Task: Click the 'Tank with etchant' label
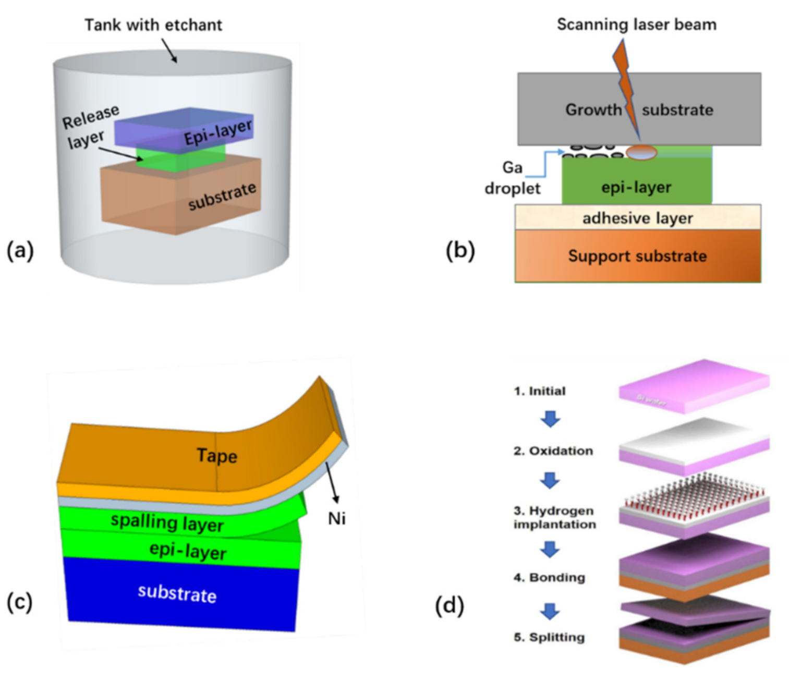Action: (x=153, y=25)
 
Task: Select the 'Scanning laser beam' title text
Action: (x=636, y=25)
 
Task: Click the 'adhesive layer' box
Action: (x=637, y=217)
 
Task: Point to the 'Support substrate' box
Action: (x=637, y=256)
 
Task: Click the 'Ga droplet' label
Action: (x=512, y=178)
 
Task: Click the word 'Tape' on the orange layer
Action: (x=216, y=455)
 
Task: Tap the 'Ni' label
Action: (x=336, y=518)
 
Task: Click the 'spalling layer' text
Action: (x=167, y=522)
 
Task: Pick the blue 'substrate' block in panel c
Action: (x=177, y=594)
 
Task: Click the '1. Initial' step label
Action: (x=539, y=391)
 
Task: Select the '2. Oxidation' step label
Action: (x=553, y=451)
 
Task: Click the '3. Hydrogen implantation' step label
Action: (x=554, y=517)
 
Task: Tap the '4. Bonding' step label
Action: (x=549, y=577)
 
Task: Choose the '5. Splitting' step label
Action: (x=549, y=637)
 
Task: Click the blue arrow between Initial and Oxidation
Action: (x=550, y=419)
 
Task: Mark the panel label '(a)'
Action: (x=20, y=251)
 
